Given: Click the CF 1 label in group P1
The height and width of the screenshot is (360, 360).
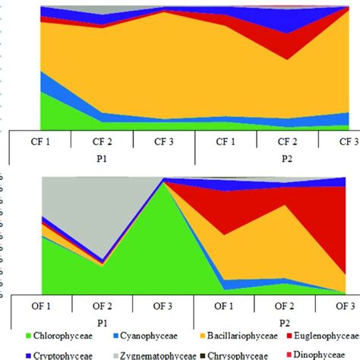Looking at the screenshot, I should click(x=39, y=141).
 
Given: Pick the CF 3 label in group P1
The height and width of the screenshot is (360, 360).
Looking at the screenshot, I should click(x=163, y=141).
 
